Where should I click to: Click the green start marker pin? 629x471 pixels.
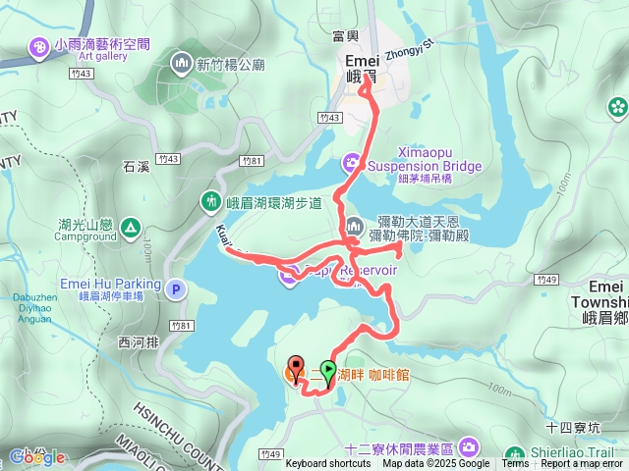coord(328,369)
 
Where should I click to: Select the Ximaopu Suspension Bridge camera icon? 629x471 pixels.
coord(351,162)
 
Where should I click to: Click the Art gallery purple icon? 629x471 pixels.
coord(37,46)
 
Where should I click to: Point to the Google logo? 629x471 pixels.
coord(37,456)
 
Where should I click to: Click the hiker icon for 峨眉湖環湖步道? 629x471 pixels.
coord(209,202)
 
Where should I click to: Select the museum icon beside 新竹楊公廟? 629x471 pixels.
coord(180,65)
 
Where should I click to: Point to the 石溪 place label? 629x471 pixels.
coord(136,167)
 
